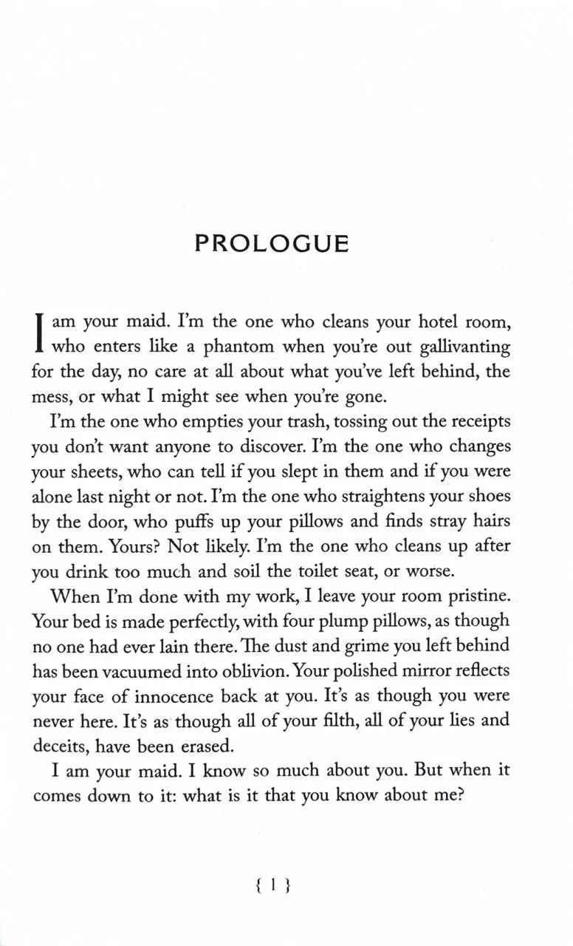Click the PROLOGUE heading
(x=272, y=244)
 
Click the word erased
(x=214, y=744)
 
